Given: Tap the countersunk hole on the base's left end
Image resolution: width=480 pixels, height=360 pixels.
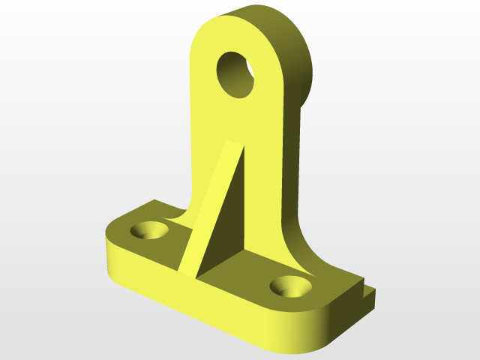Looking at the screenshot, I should [149, 229].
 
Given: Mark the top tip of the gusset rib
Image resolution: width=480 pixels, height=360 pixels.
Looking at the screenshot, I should [233, 142].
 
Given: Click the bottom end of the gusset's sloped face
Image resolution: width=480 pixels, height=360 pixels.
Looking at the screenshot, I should [187, 271].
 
